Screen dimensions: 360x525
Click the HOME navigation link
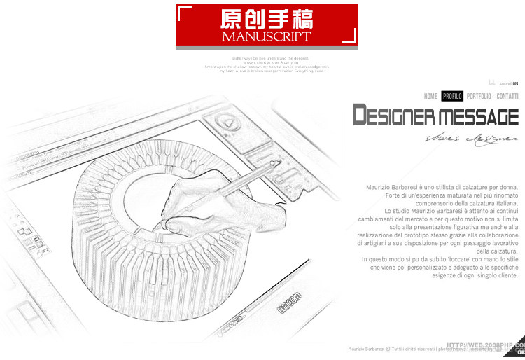coord(430,96)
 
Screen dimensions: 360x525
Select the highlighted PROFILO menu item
coord(452,96)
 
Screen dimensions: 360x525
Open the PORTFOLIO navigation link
coord(479,96)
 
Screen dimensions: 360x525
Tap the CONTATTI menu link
coord(507,96)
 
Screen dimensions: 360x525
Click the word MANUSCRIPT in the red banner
coord(266,36)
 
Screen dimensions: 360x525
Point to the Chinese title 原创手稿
coord(266,19)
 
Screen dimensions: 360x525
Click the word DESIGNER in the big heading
coord(394,116)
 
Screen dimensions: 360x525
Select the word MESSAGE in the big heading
coord(479,116)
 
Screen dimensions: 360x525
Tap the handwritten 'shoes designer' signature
coord(471,138)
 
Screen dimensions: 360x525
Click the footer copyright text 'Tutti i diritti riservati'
coord(413,349)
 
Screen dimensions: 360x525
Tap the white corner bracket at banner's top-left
coord(183,11)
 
